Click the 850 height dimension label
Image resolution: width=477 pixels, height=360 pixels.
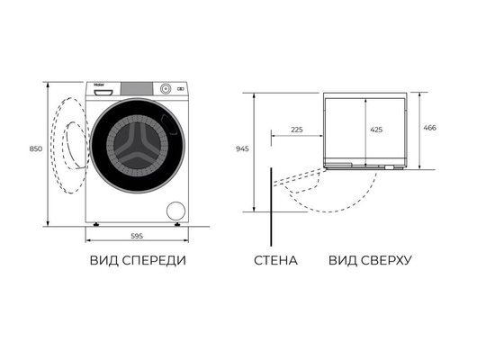pos(35,148)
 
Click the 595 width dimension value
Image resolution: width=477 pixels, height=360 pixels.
pos(138,236)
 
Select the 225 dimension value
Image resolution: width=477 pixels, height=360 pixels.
pos(297,130)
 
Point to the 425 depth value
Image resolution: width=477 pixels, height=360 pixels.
pos(376,130)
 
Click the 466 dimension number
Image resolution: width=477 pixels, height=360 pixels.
pos(430,129)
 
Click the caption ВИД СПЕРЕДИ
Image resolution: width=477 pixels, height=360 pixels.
pos(138,261)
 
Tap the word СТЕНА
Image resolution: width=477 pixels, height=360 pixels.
pos(274,261)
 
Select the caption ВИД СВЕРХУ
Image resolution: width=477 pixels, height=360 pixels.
pos(370,261)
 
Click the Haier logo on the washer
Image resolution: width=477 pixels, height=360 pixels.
pos(97,87)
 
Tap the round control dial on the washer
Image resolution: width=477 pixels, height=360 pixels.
pos(166,88)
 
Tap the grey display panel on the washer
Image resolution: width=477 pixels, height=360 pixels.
pos(138,87)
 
